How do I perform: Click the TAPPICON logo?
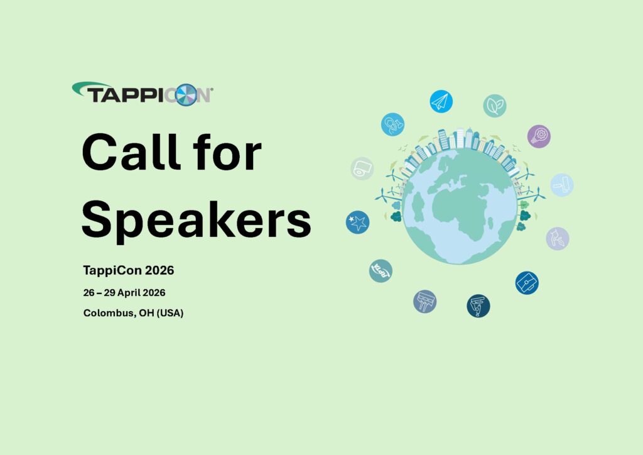coord(143,94)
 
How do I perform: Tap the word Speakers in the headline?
coord(196,219)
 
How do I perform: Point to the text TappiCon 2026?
coord(128,271)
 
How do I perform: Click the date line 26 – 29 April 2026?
coord(124,293)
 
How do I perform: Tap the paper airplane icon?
coord(441,101)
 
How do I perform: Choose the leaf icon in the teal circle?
coord(494,106)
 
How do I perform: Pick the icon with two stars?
coord(357,221)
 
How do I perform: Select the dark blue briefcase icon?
coord(526,283)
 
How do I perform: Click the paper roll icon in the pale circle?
coord(362,168)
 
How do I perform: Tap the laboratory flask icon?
coord(392,124)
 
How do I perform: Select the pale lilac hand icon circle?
coord(557,238)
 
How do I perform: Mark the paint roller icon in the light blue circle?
coord(561,185)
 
